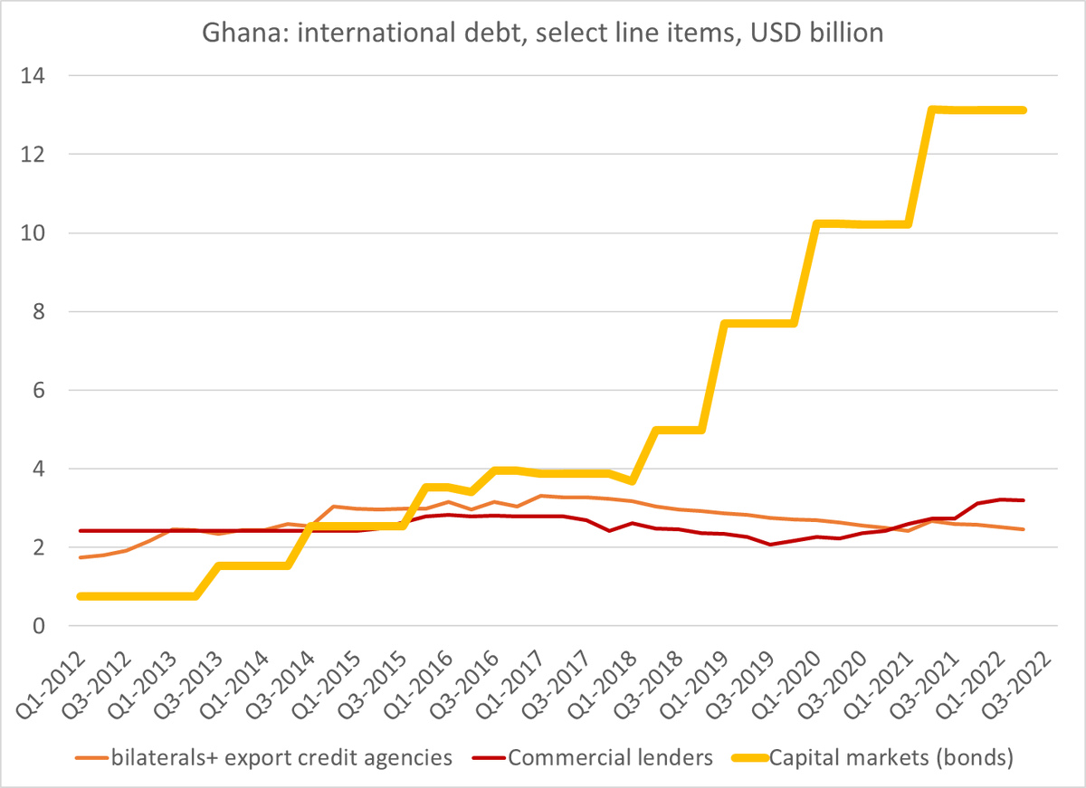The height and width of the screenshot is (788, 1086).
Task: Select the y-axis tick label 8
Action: pyautogui.click(x=42, y=312)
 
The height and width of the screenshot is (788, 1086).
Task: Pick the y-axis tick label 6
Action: pyautogui.click(x=42, y=391)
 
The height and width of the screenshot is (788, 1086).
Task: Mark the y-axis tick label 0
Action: pyautogui.click(x=42, y=626)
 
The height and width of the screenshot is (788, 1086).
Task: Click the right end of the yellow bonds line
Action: pyautogui.click(x=1024, y=109)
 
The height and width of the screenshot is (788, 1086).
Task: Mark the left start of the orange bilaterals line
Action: pyautogui.click(x=81, y=557)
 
